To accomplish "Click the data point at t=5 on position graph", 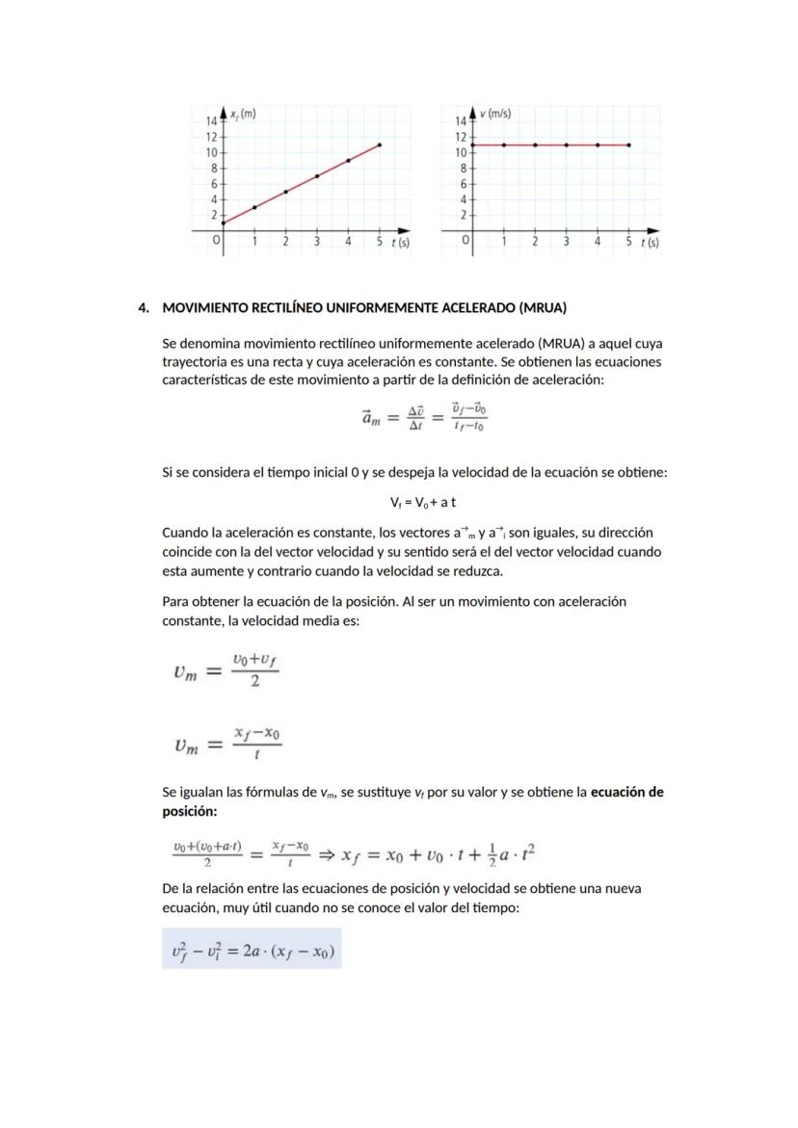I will (380, 144).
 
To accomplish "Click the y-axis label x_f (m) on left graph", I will (243, 114).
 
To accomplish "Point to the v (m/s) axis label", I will (495, 114).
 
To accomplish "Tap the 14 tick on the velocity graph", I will (460, 121).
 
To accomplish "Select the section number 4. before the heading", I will (144, 308).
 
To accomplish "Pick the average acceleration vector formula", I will (423, 417).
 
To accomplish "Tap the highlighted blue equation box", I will (252, 949).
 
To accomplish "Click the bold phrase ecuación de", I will (626, 793).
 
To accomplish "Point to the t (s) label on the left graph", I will (400, 243).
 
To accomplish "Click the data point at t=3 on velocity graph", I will (566, 144).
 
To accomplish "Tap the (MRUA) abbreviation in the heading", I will (543, 308).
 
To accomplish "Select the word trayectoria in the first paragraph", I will (195, 361).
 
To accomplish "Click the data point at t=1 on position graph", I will (254, 207).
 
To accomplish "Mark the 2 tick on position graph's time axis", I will (285, 242).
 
